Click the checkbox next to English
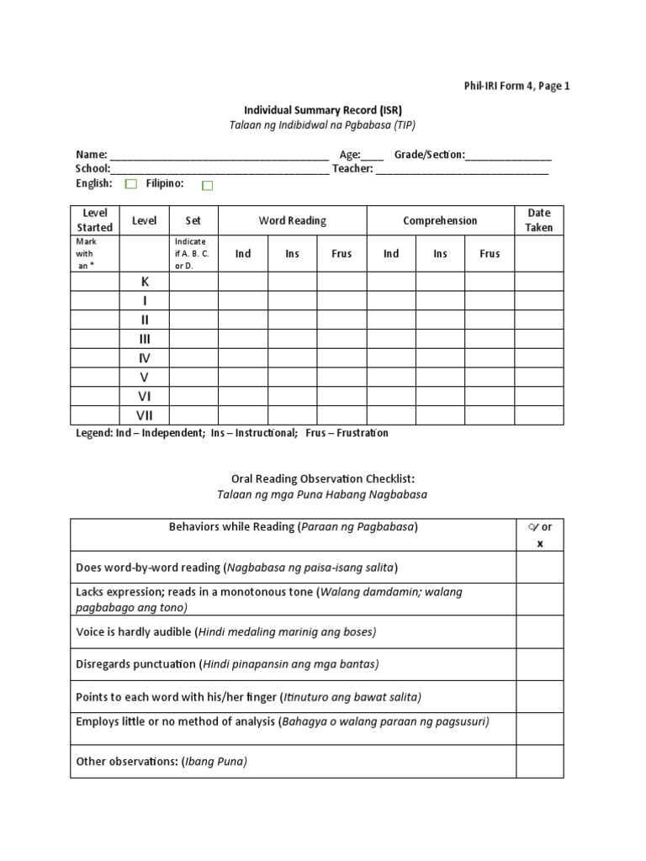pos(130,184)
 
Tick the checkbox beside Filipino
pos(208,185)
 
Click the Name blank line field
pos(219,156)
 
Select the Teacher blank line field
pos(462,170)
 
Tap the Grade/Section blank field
pos(508,156)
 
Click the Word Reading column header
pos(292,221)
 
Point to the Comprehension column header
pos(440,221)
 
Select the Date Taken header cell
pos(539,220)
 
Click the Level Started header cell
pos(95,220)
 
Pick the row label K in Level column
pos(145,283)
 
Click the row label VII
pos(145,415)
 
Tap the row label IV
pos(145,358)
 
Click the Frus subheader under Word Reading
pos(342,254)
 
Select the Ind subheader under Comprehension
pos(391,254)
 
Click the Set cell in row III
pos(193,339)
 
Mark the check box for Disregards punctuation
pos(539,664)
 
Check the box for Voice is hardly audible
pos(539,631)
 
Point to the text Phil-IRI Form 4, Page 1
pos(516,86)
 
